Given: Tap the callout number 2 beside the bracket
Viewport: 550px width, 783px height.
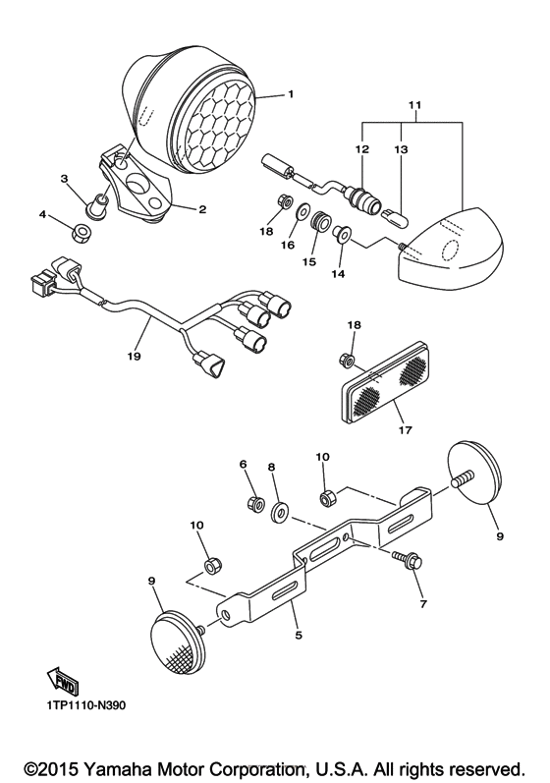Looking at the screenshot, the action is point(202,209).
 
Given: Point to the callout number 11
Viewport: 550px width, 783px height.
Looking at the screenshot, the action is point(414,105).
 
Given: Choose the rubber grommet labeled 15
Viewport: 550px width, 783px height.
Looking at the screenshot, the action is point(319,221).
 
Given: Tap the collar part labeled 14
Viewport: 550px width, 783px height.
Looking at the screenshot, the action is point(342,234).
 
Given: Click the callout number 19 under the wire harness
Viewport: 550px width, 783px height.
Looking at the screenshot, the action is point(134,356).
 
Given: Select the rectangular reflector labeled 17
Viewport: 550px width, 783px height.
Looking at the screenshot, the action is point(383,386).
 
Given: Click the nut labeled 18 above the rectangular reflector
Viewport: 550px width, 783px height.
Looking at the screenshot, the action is point(347,359).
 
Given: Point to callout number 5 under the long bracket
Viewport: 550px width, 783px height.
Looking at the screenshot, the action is point(299,636).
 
